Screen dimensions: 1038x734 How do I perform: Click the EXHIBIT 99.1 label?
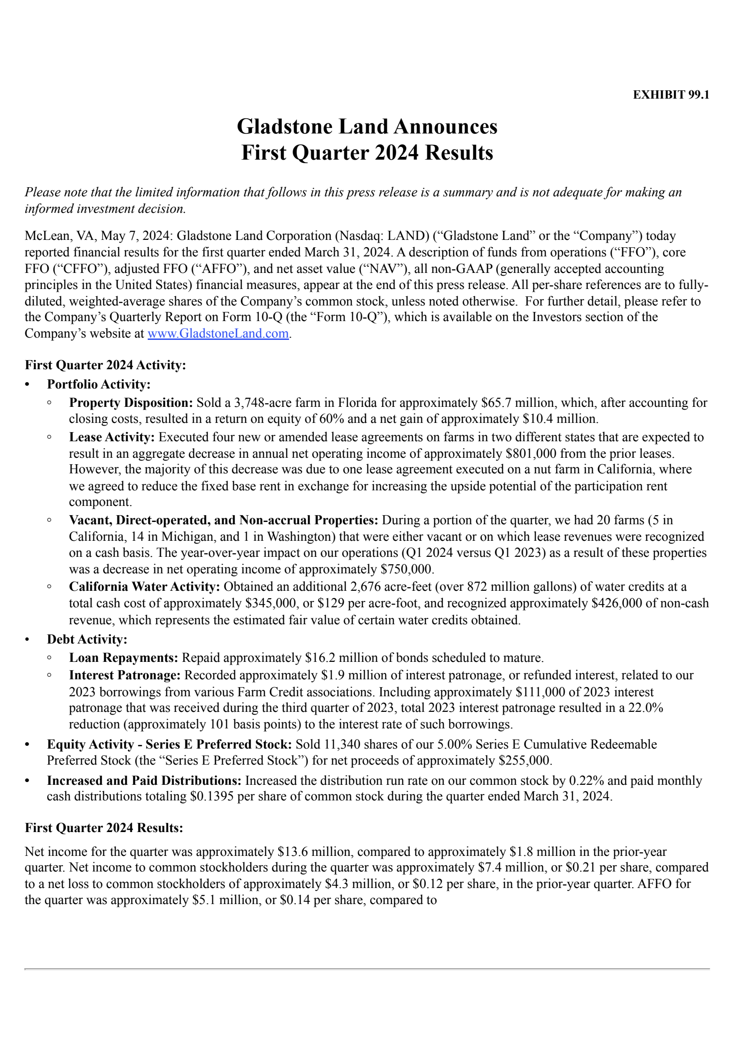click(671, 95)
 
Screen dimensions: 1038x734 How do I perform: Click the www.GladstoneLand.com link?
click(218, 333)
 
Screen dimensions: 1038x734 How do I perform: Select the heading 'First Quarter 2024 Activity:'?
click(105, 365)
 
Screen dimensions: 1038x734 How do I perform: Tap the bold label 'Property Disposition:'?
click(131, 403)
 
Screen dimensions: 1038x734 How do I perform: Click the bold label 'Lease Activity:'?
click(112, 437)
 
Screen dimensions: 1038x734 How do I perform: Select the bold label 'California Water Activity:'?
click(145, 587)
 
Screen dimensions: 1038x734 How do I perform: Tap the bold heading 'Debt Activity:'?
click(87, 639)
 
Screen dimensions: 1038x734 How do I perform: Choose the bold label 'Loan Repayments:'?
click(123, 658)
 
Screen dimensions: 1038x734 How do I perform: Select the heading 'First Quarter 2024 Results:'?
click(104, 828)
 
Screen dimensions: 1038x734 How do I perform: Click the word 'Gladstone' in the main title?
click(284, 127)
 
